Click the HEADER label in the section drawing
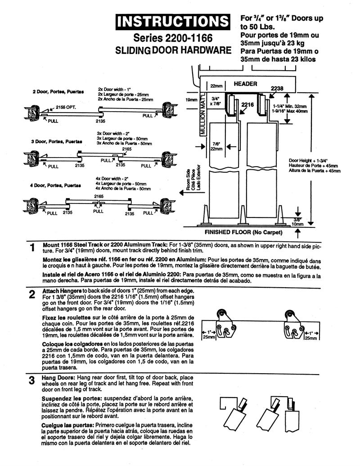[245, 84]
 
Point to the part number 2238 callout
[277, 89]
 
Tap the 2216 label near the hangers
[247, 104]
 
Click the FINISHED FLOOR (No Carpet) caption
[243, 233]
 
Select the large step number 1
[32, 248]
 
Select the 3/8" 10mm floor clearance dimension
[297, 221]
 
